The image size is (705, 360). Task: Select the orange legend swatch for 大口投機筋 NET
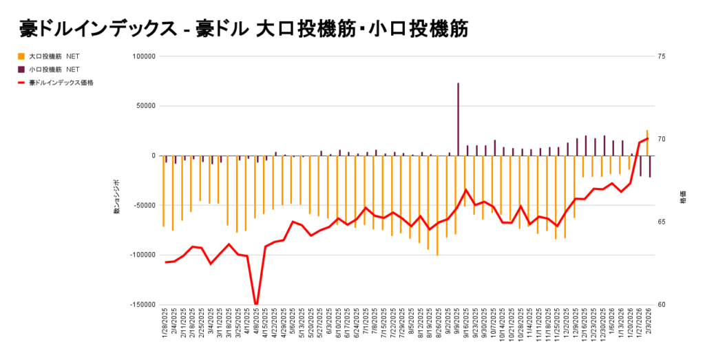click(21, 56)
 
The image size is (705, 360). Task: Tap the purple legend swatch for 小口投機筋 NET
click(21, 70)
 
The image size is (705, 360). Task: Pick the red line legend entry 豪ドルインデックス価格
click(21, 83)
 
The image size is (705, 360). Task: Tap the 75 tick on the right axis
click(661, 56)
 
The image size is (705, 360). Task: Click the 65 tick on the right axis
click(661, 222)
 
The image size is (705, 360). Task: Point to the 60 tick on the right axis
click(661, 305)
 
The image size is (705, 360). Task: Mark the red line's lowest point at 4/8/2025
click(256, 304)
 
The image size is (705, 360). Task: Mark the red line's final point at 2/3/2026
click(647, 139)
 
